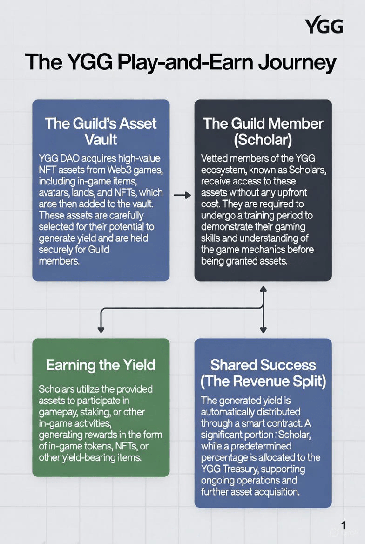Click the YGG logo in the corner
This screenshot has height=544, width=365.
(324, 26)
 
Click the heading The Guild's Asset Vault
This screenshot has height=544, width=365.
(101, 131)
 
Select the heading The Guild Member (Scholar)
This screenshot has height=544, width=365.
(263, 131)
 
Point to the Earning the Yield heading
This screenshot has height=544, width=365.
(101, 365)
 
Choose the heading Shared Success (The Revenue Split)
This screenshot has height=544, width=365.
(263, 373)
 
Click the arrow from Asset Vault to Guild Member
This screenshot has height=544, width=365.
(182, 195)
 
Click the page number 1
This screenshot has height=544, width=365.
(343, 526)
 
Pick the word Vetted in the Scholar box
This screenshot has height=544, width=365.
(216, 158)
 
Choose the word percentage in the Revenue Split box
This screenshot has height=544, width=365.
(225, 457)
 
